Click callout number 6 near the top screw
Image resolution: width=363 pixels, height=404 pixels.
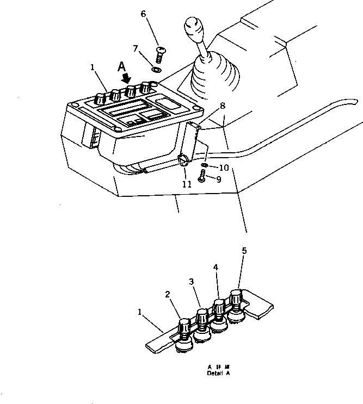[x=144, y=14]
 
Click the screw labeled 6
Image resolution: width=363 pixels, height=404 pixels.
[x=160, y=54]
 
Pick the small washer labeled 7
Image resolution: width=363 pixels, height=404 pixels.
[x=156, y=69]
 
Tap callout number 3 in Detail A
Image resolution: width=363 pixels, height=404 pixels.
[x=191, y=282]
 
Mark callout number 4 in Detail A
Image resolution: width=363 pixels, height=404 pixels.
[x=216, y=268]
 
